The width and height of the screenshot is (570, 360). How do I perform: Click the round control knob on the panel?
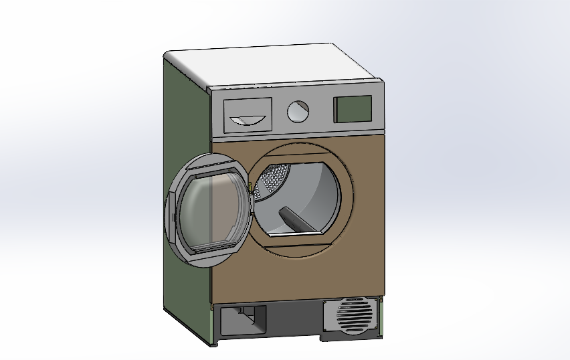tap(298, 111)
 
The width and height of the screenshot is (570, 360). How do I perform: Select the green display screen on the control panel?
tap(353, 109)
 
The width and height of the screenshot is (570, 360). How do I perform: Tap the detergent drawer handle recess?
tap(247, 120)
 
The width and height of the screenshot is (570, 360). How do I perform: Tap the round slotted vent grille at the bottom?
tap(353, 314)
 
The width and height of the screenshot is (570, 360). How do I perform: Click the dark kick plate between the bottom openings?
tap(294, 318)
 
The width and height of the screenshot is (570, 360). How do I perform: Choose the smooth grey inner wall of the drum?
tap(321, 194)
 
